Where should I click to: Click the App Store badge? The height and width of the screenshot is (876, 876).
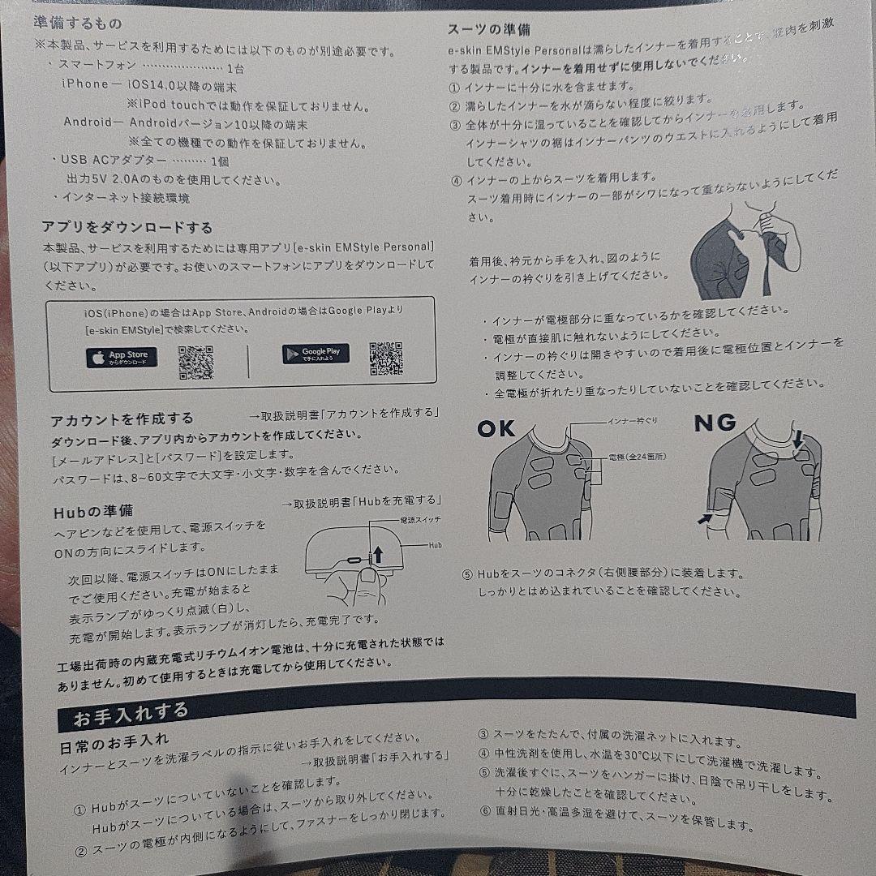[x=122, y=357]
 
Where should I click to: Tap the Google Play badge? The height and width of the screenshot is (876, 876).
[x=316, y=354]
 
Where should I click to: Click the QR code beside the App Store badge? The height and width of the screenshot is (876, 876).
[x=195, y=363]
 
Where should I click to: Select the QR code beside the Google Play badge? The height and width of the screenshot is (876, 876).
[x=386, y=359]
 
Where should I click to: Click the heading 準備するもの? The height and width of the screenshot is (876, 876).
[x=79, y=24]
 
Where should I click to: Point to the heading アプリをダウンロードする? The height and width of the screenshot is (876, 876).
[x=127, y=227]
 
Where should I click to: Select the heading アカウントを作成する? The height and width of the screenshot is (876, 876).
[x=122, y=419]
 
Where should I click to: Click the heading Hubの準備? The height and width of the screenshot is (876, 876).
[x=92, y=512]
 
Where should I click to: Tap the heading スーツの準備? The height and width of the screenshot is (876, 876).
[x=489, y=29]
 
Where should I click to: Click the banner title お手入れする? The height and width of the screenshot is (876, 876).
[x=131, y=715]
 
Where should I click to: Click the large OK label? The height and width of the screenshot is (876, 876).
[x=496, y=428]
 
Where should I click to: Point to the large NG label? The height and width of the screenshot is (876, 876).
[x=715, y=423]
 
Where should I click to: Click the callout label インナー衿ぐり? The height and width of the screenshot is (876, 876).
[x=633, y=421]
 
